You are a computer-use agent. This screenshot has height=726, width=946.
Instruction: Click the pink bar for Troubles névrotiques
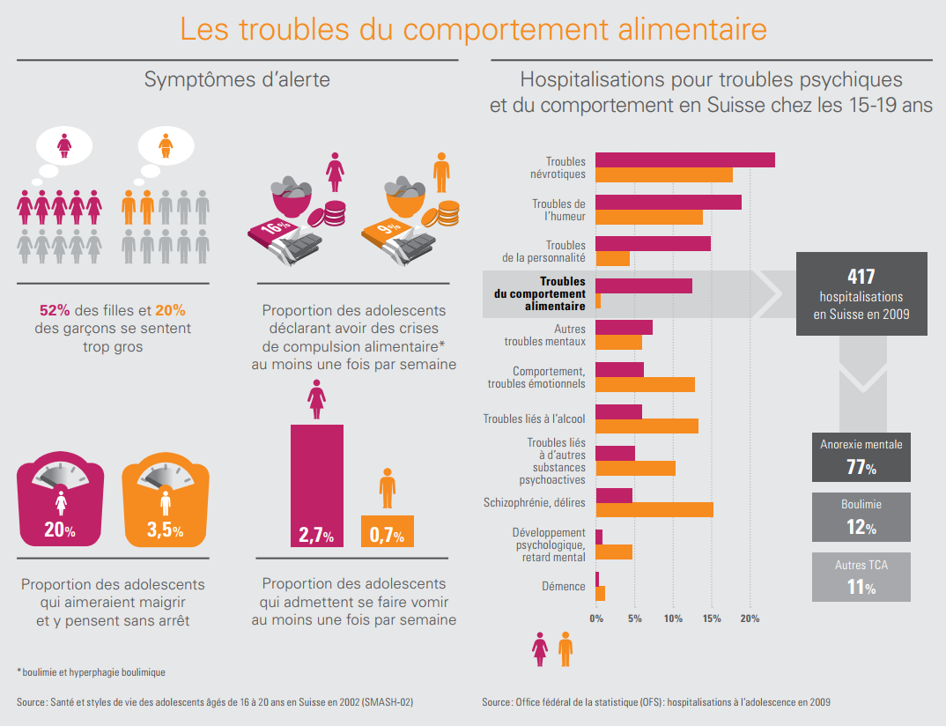[685, 159]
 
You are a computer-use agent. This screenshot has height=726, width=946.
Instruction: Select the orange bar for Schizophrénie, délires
[654, 509]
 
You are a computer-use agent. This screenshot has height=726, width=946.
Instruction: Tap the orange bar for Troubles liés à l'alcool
[647, 426]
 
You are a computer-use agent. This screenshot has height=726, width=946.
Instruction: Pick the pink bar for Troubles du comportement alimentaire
[644, 285]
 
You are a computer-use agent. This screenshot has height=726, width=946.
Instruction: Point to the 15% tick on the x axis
[711, 619]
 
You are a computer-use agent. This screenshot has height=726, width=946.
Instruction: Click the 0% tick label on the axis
[596, 619]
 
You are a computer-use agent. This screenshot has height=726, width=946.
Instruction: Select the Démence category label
[564, 587]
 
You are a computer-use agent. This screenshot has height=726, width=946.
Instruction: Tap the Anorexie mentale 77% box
[861, 456]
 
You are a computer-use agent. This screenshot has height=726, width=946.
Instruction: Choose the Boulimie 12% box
[861, 517]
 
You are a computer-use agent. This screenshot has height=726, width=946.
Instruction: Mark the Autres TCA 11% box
[861, 577]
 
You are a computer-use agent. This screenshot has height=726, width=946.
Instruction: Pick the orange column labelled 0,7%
[387, 531]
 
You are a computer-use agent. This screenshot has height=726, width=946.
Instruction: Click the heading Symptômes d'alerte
[237, 79]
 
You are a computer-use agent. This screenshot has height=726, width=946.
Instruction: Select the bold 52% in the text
[55, 310]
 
